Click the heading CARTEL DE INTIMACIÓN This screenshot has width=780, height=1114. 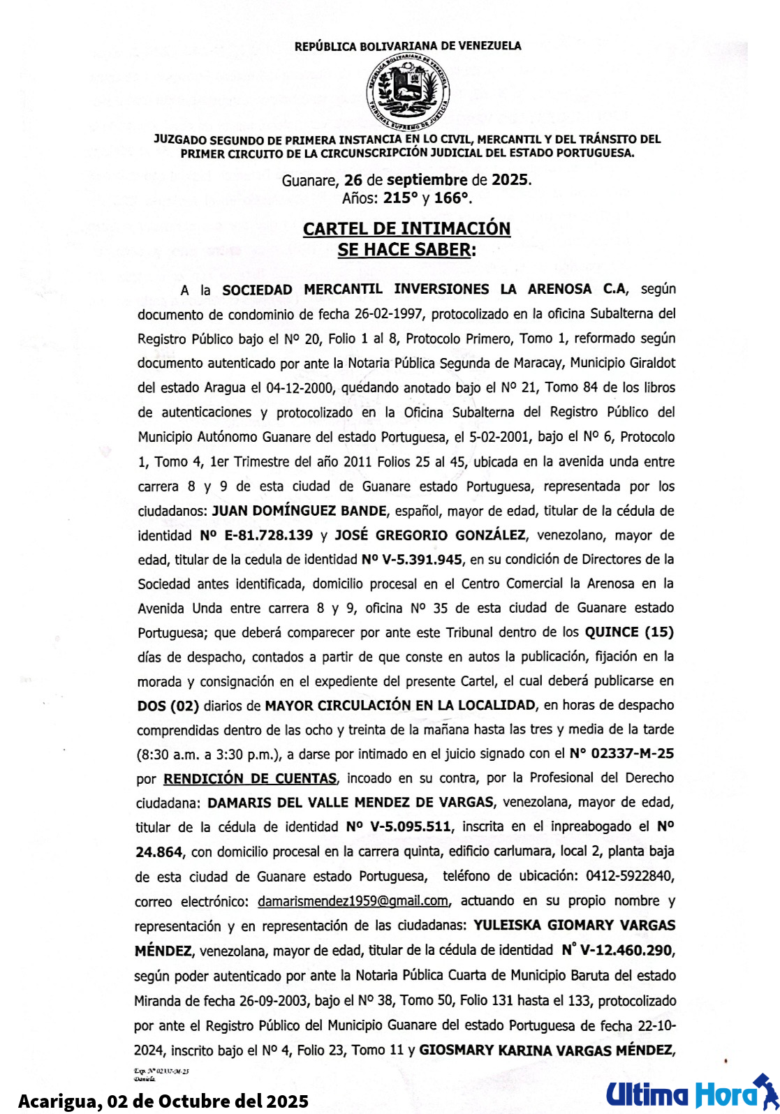pos(406,229)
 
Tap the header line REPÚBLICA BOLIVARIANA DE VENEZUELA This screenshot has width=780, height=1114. pos(408,46)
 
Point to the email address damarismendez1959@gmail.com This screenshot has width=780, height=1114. pos(353,901)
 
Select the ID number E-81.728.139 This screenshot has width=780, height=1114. pos(264,535)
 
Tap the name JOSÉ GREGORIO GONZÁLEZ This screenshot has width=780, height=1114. pos(430,535)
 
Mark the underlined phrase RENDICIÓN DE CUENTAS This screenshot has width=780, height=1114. pos(250,778)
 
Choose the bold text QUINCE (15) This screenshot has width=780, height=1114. pos(629,632)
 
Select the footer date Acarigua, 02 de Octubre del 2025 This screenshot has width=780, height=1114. pos(163,1101)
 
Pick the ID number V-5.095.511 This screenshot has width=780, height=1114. pos(410,827)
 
